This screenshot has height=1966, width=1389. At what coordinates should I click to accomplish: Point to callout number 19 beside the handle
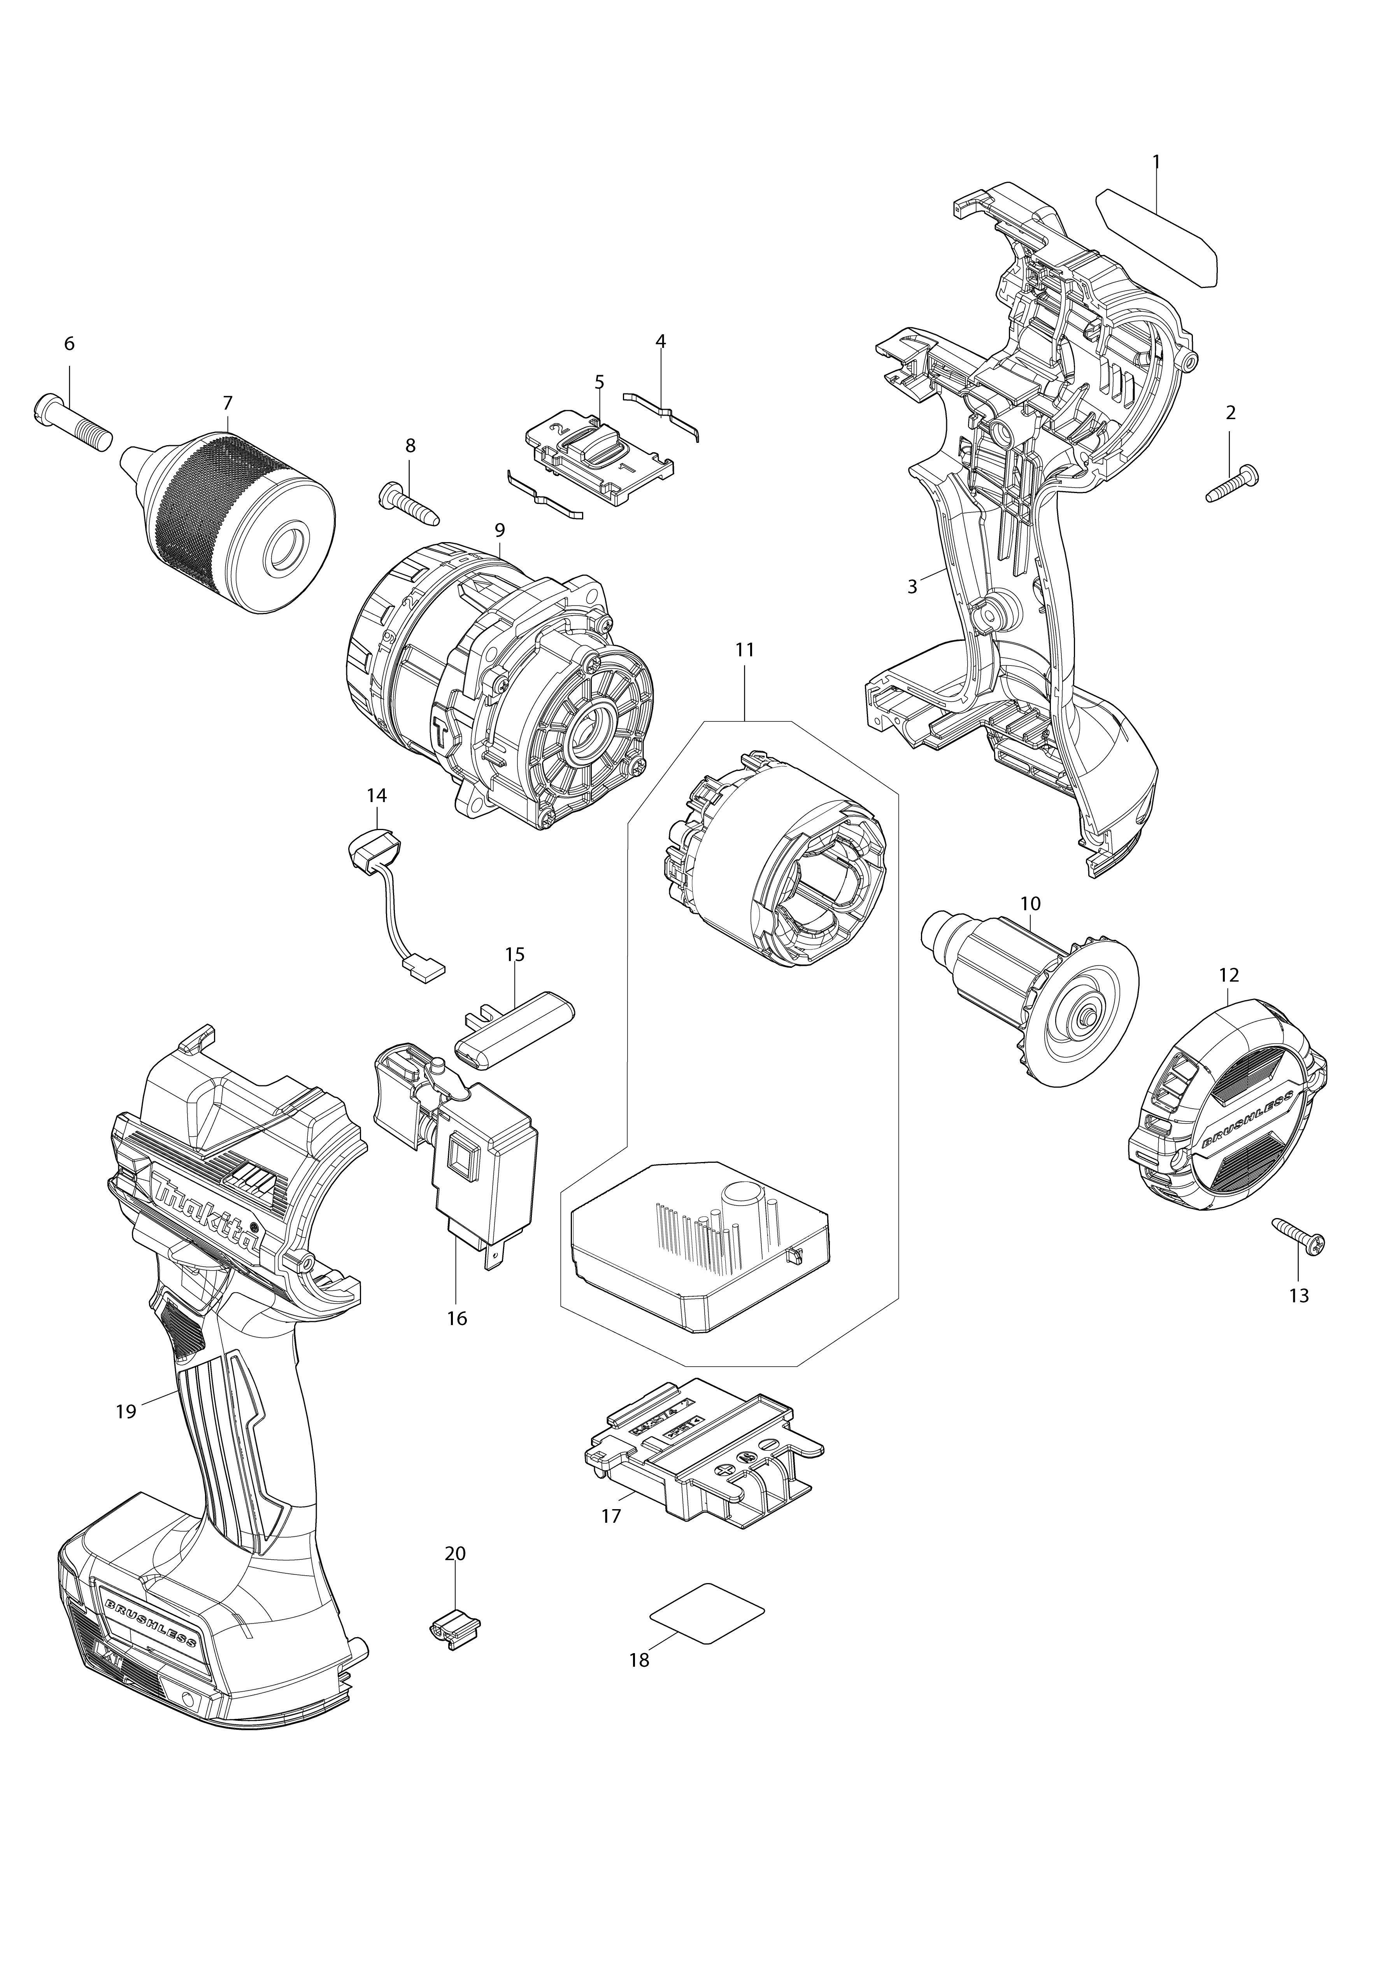pos(126,1411)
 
